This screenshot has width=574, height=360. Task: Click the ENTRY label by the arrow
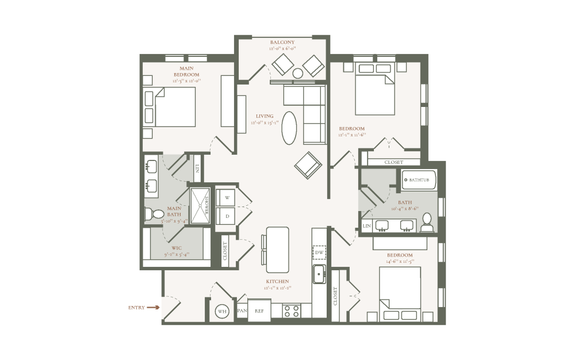[x=136, y=308]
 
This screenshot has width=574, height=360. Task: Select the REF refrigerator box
[x=259, y=311]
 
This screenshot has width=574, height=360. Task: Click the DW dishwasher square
[x=319, y=252]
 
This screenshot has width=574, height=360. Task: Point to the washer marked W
[x=227, y=197]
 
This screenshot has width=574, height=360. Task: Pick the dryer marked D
[x=227, y=216]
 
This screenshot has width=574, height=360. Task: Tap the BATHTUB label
[x=418, y=180]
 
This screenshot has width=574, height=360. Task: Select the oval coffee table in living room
[x=289, y=127]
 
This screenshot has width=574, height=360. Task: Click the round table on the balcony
[x=298, y=73]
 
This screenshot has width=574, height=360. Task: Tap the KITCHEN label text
[x=277, y=281]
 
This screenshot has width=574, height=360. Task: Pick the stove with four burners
[x=292, y=311]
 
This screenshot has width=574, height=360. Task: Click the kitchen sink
[x=319, y=274]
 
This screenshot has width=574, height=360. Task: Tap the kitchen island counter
[x=277, y=250]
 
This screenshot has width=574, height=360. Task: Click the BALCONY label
[x=282, y=42]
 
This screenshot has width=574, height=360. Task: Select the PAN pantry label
[x=242, y=311]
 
